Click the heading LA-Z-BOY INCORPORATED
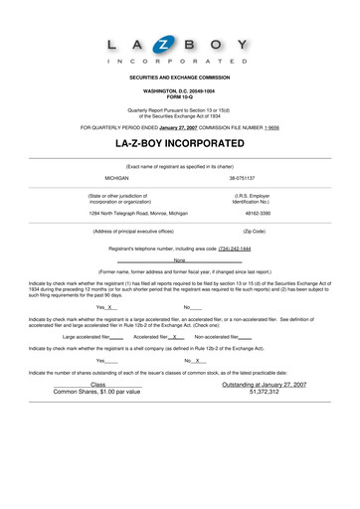click(180, 144)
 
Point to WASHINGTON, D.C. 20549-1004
click(180, 88)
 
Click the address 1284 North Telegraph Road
click(131, 213)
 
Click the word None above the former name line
click(180, 259)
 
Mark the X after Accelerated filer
click(175, 337)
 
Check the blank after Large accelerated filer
click(116, 337)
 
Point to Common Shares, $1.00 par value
click(96, 392)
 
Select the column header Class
click(97, 384)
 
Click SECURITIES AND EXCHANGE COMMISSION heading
click(180, 77)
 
